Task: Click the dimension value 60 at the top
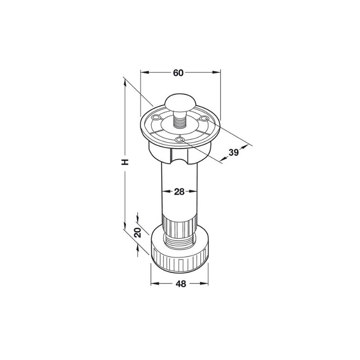178,73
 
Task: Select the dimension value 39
234,152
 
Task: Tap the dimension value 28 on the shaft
179,192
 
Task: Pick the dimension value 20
138,233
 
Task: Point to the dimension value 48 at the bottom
181,284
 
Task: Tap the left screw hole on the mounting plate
156,118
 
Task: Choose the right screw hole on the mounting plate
204,118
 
